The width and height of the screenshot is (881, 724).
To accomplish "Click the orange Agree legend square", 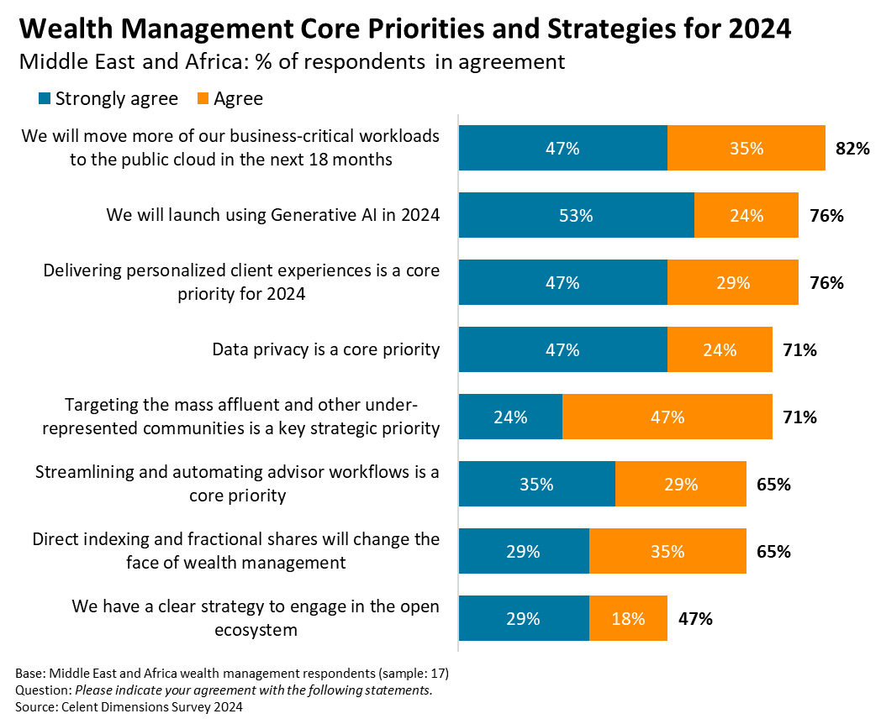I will tap(203, 99).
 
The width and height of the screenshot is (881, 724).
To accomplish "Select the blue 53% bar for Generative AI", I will tap(576, 216).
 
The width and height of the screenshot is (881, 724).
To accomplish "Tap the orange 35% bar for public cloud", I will tap(746, 149).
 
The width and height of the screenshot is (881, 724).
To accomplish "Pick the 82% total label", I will tap(852, 149).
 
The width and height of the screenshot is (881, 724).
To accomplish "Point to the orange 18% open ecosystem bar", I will tap(628, 619).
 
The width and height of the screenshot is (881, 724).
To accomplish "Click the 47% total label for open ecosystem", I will tap(695, 619).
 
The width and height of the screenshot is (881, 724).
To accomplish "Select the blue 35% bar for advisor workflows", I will tap(536, 485).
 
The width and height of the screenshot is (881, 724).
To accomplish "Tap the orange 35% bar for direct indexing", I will tap(667, 552).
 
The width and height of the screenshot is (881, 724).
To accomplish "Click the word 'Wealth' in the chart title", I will tap(56, 29).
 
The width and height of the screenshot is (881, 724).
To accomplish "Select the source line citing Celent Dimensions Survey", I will tap(129, 707).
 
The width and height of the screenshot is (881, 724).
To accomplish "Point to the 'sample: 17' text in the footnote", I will tap(416, 674).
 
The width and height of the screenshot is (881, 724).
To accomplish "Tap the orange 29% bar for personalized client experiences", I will tap(732, 283).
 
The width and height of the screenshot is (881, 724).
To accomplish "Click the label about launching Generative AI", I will tap(273, 215).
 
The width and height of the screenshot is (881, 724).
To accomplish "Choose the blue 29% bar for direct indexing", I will tap(523, 552).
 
